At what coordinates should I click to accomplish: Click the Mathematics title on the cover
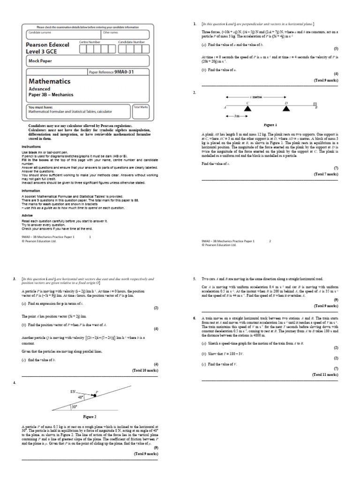[x=50, y=82]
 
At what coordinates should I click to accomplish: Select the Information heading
[x=30, y=191]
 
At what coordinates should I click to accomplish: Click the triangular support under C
[x=247, y=108]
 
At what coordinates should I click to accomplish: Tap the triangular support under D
[x=285, y=108]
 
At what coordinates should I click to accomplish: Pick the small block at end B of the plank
[x=315, y=104]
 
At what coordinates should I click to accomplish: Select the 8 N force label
[x=73, y=391]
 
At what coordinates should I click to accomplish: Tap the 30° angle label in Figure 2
[x=74, y=406]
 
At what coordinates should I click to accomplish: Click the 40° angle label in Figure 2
[x=81, y=397]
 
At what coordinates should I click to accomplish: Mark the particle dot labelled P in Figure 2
[x=94, y=396]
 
